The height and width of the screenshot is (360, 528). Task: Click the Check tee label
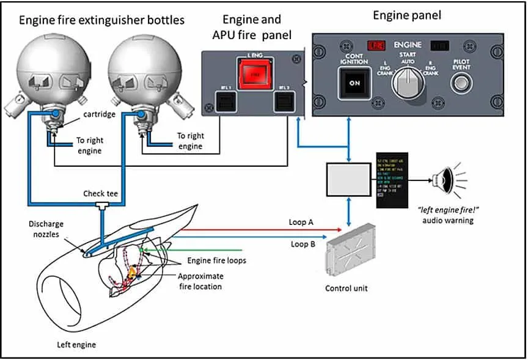[100, 194]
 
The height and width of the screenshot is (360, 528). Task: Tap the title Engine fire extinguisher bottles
[101, 20]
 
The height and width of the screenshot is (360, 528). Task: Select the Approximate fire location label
[201, 281]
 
